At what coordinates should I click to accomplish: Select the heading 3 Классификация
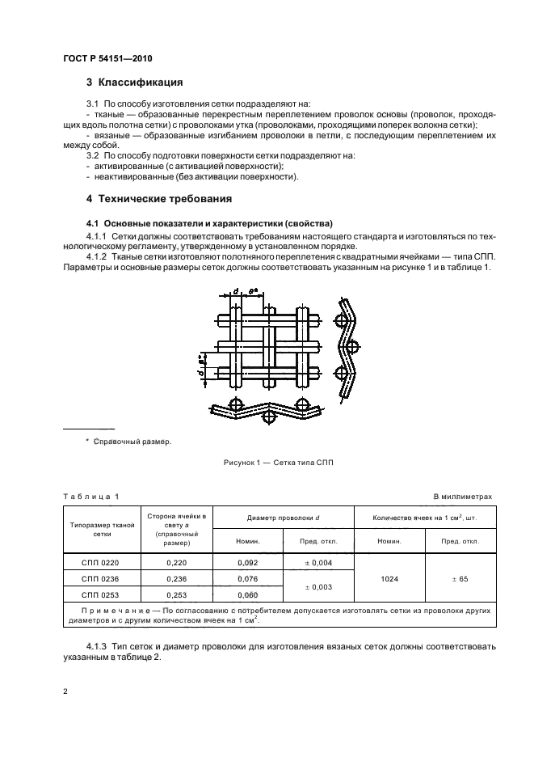134,82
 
